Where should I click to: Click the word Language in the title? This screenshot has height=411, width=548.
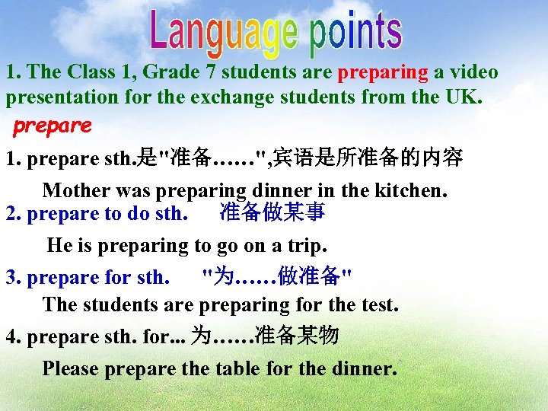click(225, 33)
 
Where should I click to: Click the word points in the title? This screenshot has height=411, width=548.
click(355, 33)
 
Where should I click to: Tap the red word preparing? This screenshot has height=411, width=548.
click(383, 72)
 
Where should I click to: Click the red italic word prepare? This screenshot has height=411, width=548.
click(52, 126)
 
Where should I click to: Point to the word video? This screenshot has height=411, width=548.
click(476, 72)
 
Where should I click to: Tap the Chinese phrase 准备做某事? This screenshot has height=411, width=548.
click(272, 212)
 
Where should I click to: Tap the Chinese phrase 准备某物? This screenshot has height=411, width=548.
click(297, 336)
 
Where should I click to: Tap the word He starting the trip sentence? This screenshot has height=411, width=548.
click(59, 246)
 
